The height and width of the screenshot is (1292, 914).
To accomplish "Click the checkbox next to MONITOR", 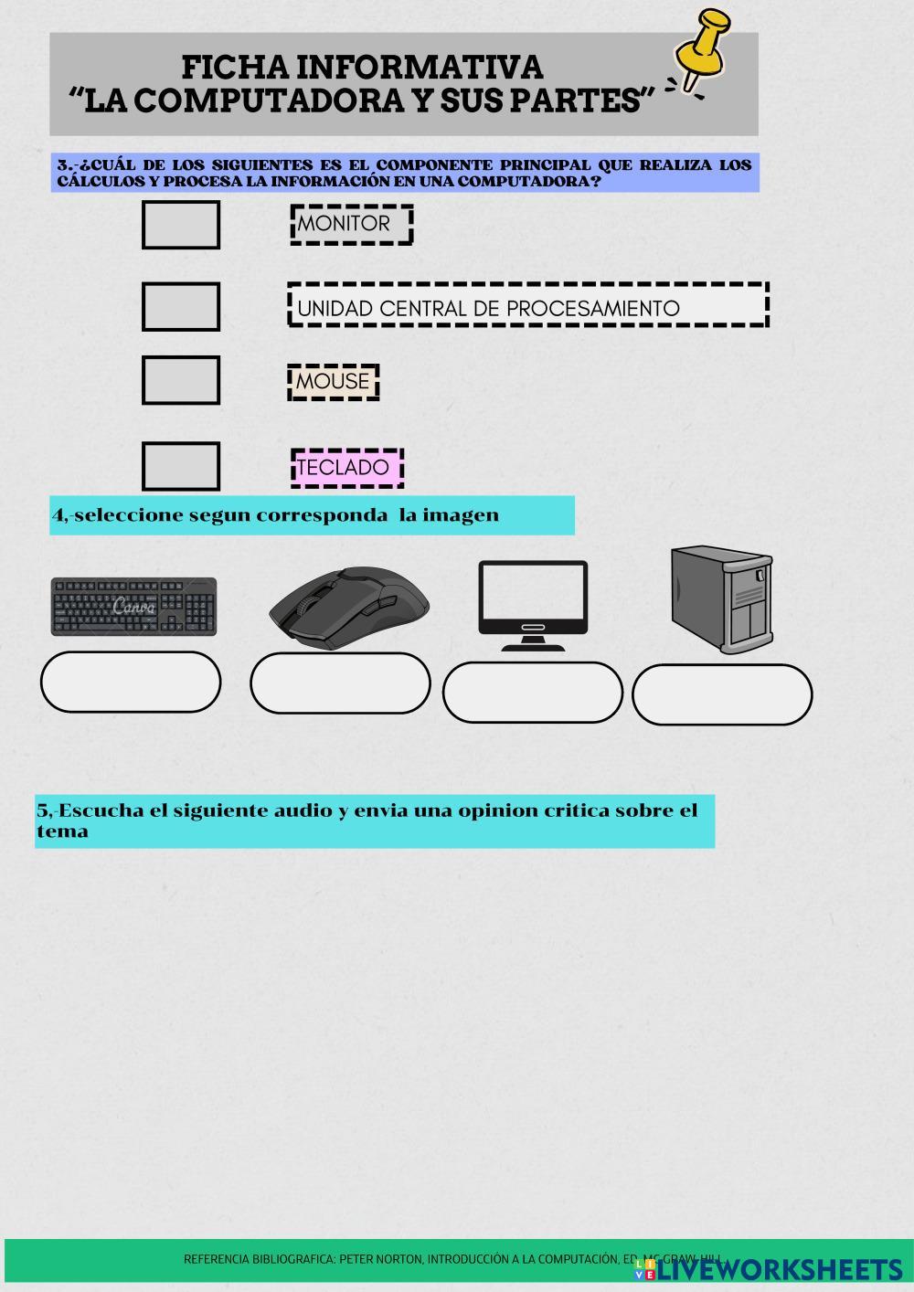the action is coord(181,225).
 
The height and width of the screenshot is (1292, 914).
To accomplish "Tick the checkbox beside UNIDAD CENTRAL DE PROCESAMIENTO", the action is coord(181,306).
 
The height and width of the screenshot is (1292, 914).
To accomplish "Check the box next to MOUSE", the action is coord(181,380).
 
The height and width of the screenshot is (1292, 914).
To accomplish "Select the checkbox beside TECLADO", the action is coord(181,466).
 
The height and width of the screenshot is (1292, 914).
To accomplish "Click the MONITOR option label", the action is coord(352,224).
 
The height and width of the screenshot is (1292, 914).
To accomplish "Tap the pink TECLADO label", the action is coord(346,467).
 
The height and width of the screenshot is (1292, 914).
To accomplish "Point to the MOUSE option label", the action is coord(333,382).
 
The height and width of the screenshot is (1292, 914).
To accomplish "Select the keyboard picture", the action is coord(133,606).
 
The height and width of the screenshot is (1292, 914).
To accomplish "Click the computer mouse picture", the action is coord(349,608).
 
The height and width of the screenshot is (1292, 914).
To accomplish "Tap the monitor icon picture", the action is coord(533,604).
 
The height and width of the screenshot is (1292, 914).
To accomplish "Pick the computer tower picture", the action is coord(721,599).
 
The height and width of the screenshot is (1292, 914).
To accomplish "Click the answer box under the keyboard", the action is coord(131,682).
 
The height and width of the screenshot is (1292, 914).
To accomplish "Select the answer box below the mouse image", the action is coord(340,683).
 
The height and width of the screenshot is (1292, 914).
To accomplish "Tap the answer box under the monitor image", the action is coord(533,693).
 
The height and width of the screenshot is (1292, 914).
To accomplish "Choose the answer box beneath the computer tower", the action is coord(722,694).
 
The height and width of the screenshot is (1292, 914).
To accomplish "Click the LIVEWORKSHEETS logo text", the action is coord(779,1269).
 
